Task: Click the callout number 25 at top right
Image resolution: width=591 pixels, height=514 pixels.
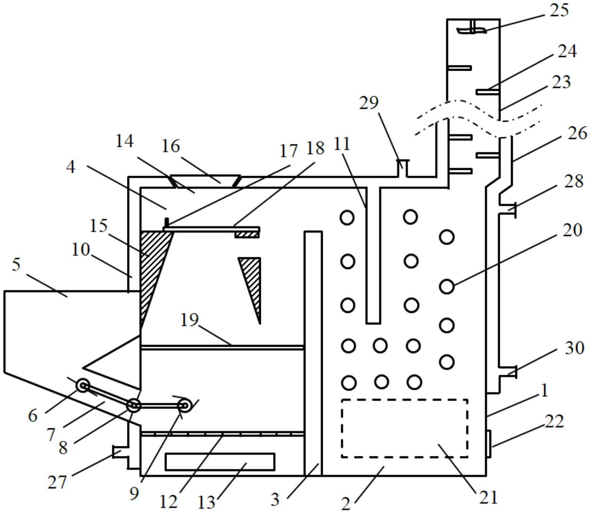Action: click(x=559, y=10)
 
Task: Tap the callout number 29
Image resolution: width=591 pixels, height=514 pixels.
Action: click(x=369, y=102)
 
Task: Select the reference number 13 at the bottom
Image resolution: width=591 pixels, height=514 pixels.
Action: click(x=206, y=502)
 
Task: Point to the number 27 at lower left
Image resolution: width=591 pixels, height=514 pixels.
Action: click(x=57, y=482)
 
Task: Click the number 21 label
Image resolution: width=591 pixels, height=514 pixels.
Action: click(x=488, y=497)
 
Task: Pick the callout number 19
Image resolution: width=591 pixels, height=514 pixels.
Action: click(x=189, y=320)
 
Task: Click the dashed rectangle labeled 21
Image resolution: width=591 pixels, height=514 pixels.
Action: click(x=404, y=428)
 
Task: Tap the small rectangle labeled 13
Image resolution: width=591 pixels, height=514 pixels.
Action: click(x=220, y=462)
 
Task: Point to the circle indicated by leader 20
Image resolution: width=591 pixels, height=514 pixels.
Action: click(x=447, y=286)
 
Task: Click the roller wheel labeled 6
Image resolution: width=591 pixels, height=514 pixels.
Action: click(x=83, y=385)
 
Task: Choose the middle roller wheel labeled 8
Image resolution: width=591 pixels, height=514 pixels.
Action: click(x=134, y=405)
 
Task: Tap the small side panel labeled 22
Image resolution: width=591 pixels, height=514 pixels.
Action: click(x=488, y=444)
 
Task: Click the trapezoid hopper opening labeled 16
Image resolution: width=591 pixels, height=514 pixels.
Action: click(x=205, y=181)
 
